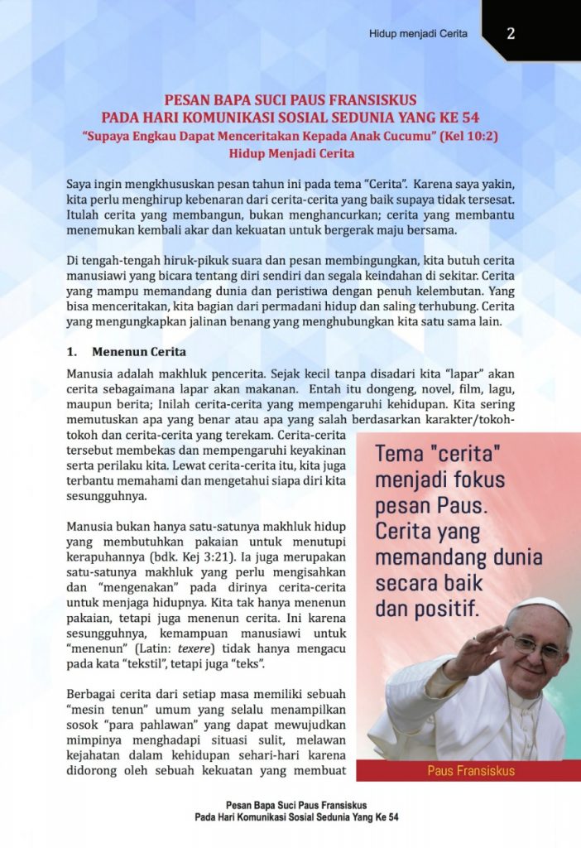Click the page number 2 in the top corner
click(x=511, y=33)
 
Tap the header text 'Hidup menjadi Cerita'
click(x=418, y=34)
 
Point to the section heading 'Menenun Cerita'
click(x=139, y=351)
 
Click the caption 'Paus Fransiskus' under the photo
click(x=471, y=771)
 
